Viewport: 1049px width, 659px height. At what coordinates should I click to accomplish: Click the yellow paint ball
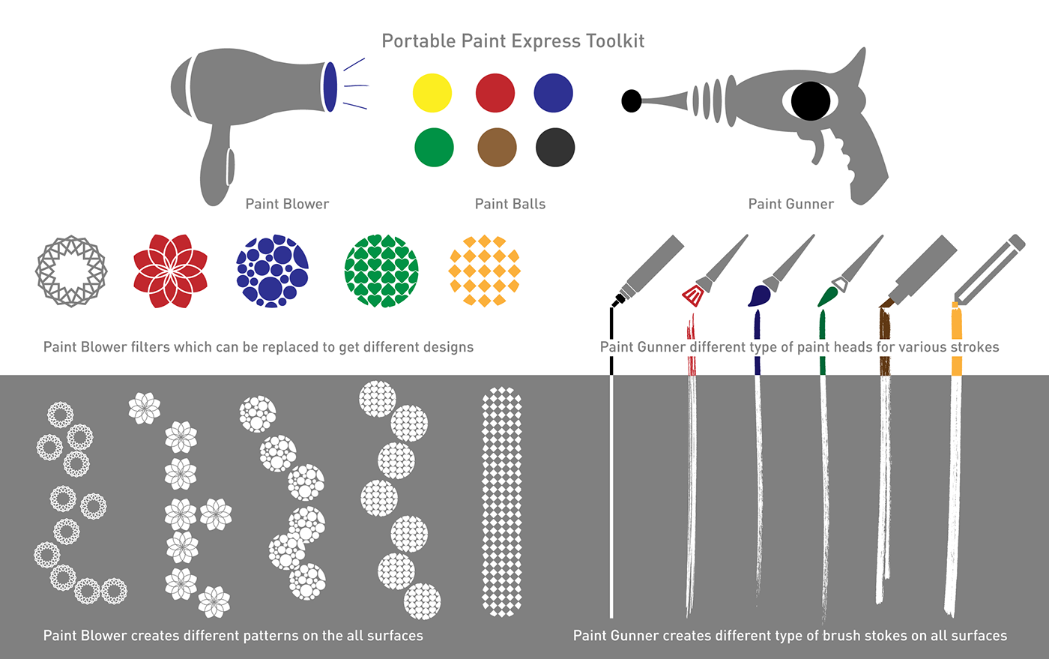(432, 93)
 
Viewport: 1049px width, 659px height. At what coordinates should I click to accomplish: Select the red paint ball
(495, 93)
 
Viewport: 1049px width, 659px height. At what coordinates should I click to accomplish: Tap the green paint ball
(434, 147)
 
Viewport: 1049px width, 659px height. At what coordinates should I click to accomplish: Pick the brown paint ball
(497, 147)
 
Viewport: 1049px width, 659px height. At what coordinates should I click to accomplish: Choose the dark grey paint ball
(555, 147)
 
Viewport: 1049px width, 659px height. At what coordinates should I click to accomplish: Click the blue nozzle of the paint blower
(329, 87)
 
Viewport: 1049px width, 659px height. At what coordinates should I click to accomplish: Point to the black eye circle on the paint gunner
(810, 100)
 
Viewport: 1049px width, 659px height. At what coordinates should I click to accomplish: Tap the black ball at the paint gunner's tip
(632, 100)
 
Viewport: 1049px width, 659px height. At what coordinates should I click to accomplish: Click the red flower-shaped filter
(170, 271)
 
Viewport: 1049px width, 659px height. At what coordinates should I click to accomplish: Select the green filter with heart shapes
(381, 271)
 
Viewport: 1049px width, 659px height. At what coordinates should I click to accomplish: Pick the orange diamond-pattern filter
(484, 271)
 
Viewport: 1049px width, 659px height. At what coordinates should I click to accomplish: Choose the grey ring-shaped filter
(71, 271)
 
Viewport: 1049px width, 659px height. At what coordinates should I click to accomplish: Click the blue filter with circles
(273, 271)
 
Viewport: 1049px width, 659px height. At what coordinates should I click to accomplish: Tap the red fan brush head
(693, 294)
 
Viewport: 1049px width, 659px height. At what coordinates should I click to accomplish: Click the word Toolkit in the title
(615, 41)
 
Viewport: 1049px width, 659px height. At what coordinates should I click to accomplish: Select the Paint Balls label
(510, 204)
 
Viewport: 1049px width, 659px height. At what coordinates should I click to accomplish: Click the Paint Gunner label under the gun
(790, 204)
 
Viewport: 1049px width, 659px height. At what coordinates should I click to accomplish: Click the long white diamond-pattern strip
(501, 502)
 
